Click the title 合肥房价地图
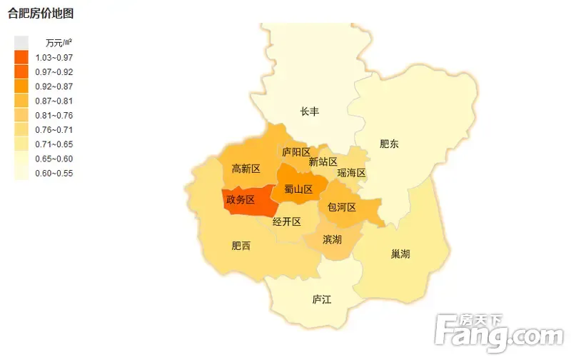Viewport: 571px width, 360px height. click(x=41, y=14)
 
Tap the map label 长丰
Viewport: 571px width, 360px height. click(x=309, y=111)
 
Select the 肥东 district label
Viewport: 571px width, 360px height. click(x=389, y=144)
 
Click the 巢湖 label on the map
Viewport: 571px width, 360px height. click(x=400, y=254)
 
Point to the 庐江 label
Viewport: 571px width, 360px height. click(x=322, y=299)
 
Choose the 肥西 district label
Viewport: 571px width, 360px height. click(x=241, y=246)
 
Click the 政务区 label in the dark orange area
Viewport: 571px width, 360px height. click(x=240, y=200)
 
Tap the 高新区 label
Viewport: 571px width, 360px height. click(x=246, y=169)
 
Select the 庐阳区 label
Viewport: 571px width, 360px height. click(x=296, y=152)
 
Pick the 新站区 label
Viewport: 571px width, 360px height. click(x=323, y=162)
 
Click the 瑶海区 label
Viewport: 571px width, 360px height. click(x=351, y=173)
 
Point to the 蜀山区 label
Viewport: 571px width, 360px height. click(x=298, y=189)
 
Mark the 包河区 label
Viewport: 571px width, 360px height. click(x=341, y=207)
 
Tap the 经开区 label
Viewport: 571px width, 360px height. click(x=287, y=221)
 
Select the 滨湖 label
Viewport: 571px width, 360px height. click(x=332, y=239)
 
